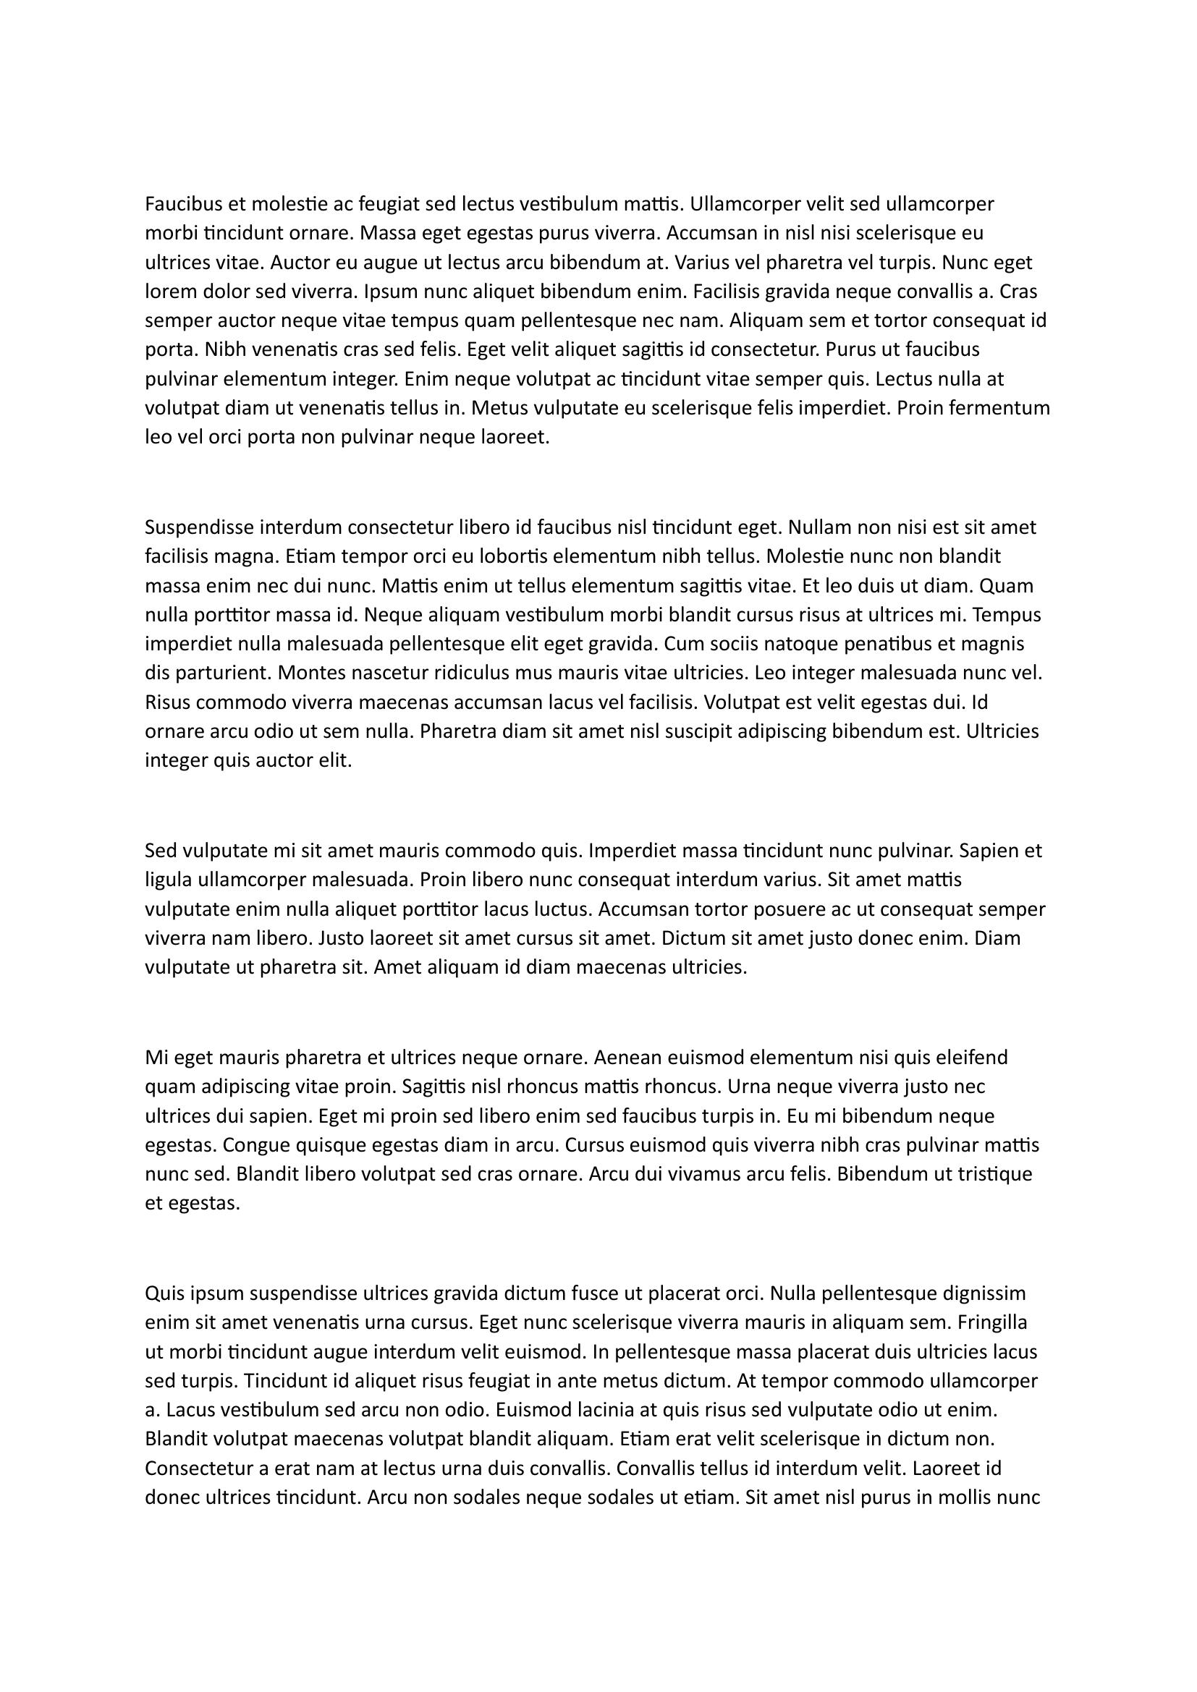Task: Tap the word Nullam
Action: pyautogui.click(x=816, y=527)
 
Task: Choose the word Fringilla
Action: pyautogui.click(x=991, y=1323)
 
